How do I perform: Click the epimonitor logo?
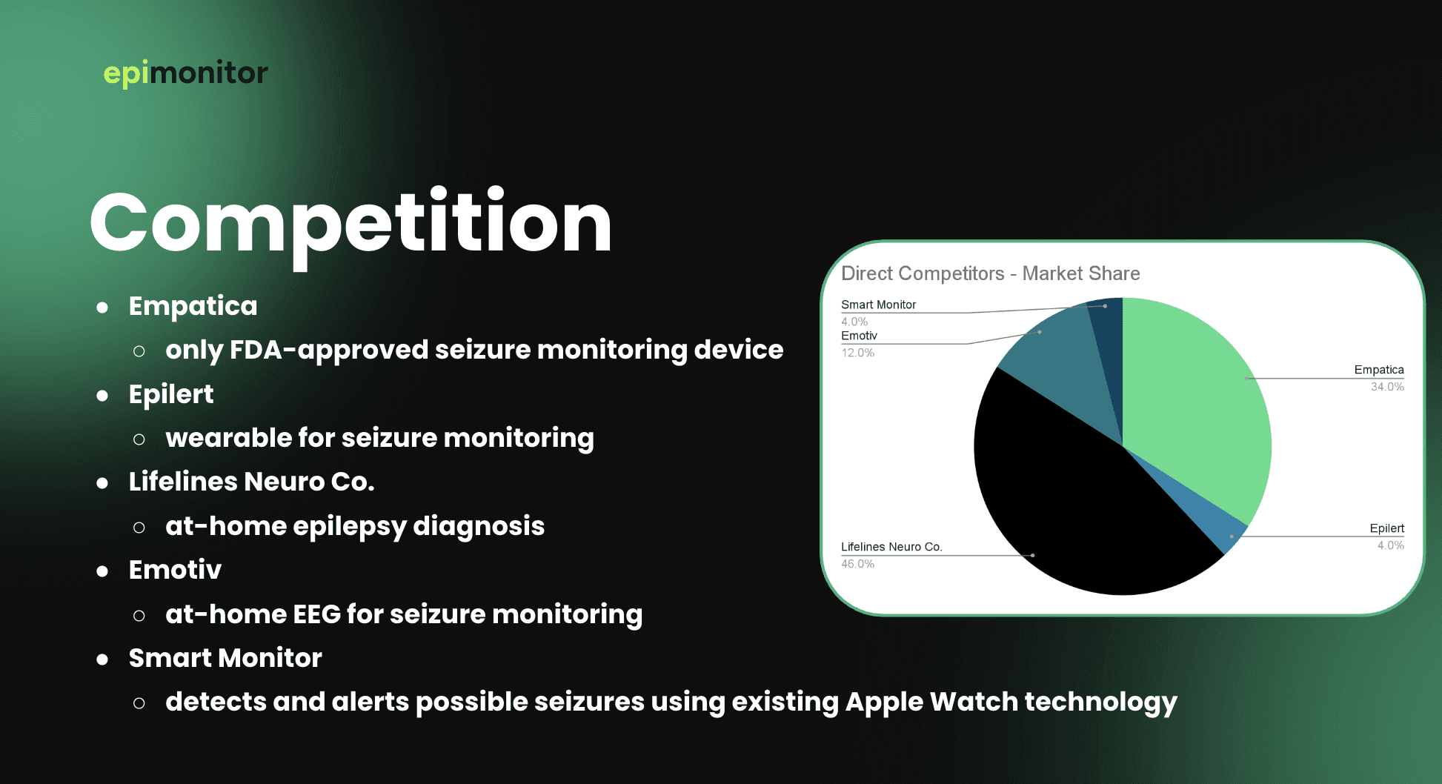click(x=185, y=73)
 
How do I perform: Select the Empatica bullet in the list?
click(x=193, y=306)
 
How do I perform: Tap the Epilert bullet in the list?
click(x=171, y=394)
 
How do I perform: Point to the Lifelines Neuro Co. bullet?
click(x=251, y=482)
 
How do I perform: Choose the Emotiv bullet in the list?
click(x=175, y=570)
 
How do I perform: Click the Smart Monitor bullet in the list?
click(x=225, y=658)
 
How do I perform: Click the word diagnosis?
click(x=479, y=526)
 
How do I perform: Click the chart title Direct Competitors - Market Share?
click(x=991, y=273)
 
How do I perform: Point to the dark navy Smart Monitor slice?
click(x=1109, y=348)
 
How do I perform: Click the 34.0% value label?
click(x=1387, y=387)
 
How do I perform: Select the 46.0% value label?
click(x=857, y=564)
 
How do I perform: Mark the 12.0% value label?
click(x=857, y=353)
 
